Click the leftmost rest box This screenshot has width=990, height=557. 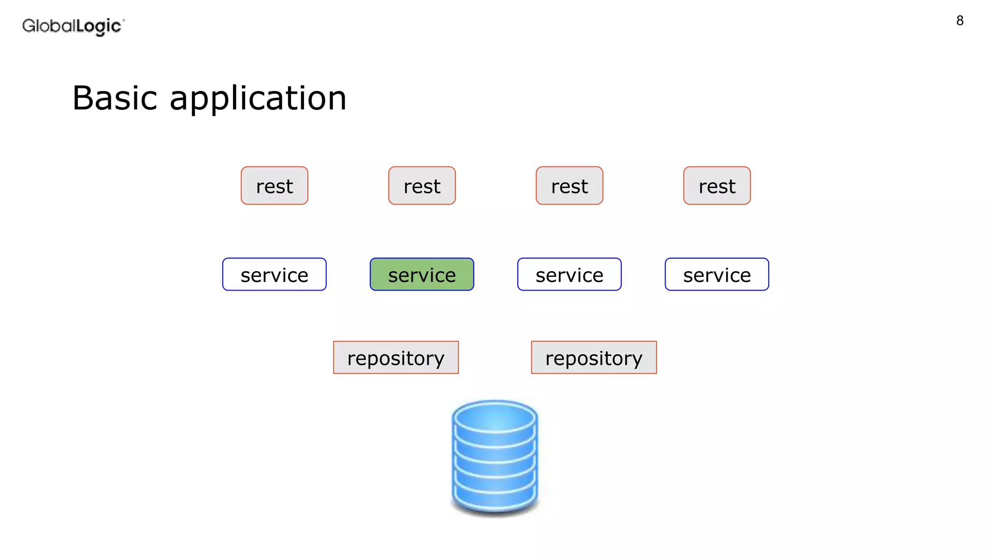(x=274, y=186)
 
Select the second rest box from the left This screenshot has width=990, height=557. (x=422, y=186)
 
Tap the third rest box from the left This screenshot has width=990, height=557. (x=569, y=186)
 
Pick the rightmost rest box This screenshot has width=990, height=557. (x=716, y=186)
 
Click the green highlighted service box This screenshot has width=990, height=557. (x=422, y=274)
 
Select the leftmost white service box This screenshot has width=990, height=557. (x=274, y=274)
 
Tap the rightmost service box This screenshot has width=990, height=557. (x=716, y=274)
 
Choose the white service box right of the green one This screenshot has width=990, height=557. (x=569, y=274)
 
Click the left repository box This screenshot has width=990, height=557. (x=395, y=357)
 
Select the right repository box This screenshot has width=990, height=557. (x=594, y=357)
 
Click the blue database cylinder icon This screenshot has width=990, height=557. (x=495, y=457)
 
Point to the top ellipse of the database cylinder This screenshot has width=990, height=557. (x=495, y=418)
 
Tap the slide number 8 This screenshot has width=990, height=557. (x=960, y=21)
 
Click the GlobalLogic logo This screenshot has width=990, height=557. (x=73, y=26)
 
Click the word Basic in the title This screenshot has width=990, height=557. (x=115, y=98)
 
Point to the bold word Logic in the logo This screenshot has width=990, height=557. (x=99, y=26)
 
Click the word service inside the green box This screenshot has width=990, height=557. (x=422, y=275)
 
